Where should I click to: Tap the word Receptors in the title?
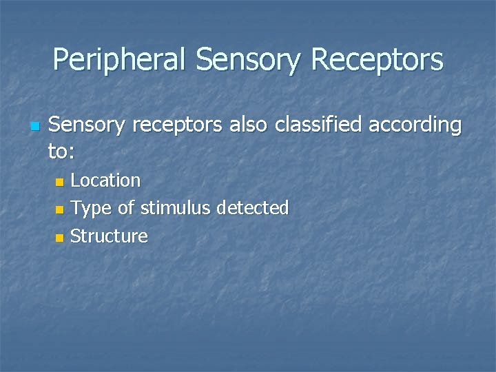coord(377,60)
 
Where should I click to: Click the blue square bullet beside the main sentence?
coord(34,127)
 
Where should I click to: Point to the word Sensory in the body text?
coord(87,125)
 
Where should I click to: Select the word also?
coord(249,125)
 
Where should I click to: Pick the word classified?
coord(319,125)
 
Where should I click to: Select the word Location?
coord(105,180)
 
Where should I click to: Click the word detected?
coord(252,208)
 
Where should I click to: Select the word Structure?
coord(109,236)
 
